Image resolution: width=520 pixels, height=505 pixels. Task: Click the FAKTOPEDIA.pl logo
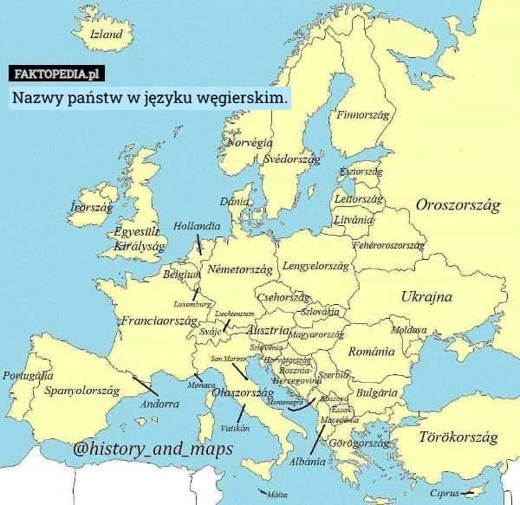coord(58,73)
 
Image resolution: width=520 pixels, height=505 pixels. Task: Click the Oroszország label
coord(458,206)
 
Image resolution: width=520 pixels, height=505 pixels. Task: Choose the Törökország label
coord(458,438)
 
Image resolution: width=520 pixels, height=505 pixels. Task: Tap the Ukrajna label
coord(426,297)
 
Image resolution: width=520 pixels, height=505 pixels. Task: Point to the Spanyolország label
coord(81,391)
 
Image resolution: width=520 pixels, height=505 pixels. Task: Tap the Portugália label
coord(29,376)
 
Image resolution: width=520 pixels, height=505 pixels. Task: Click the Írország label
coord(91,208)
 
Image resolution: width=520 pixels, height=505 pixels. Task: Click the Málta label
coord(276,496)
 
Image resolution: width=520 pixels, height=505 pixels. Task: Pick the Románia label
coord(372,353)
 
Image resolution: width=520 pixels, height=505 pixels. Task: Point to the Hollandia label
coord(197,226)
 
